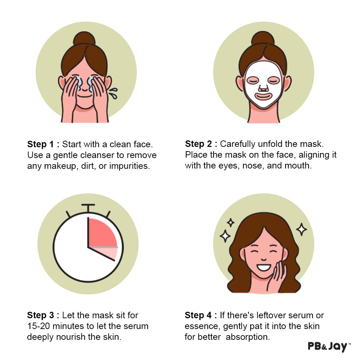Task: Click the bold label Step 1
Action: [x=41, y=144]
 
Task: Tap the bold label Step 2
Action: [x=199, y=144]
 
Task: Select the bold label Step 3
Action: [x=41, y=315]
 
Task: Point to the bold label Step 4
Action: [x=199, y=315]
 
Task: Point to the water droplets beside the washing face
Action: [x=114, y=93]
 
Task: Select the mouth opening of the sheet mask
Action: [x=264, y=96]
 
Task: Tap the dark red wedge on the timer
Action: [x=102, y=233]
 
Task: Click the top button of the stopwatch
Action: [x=88, y=207]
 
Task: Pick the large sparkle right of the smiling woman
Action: [x=301, y=229]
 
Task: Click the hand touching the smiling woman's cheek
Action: [x=278, y=275]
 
